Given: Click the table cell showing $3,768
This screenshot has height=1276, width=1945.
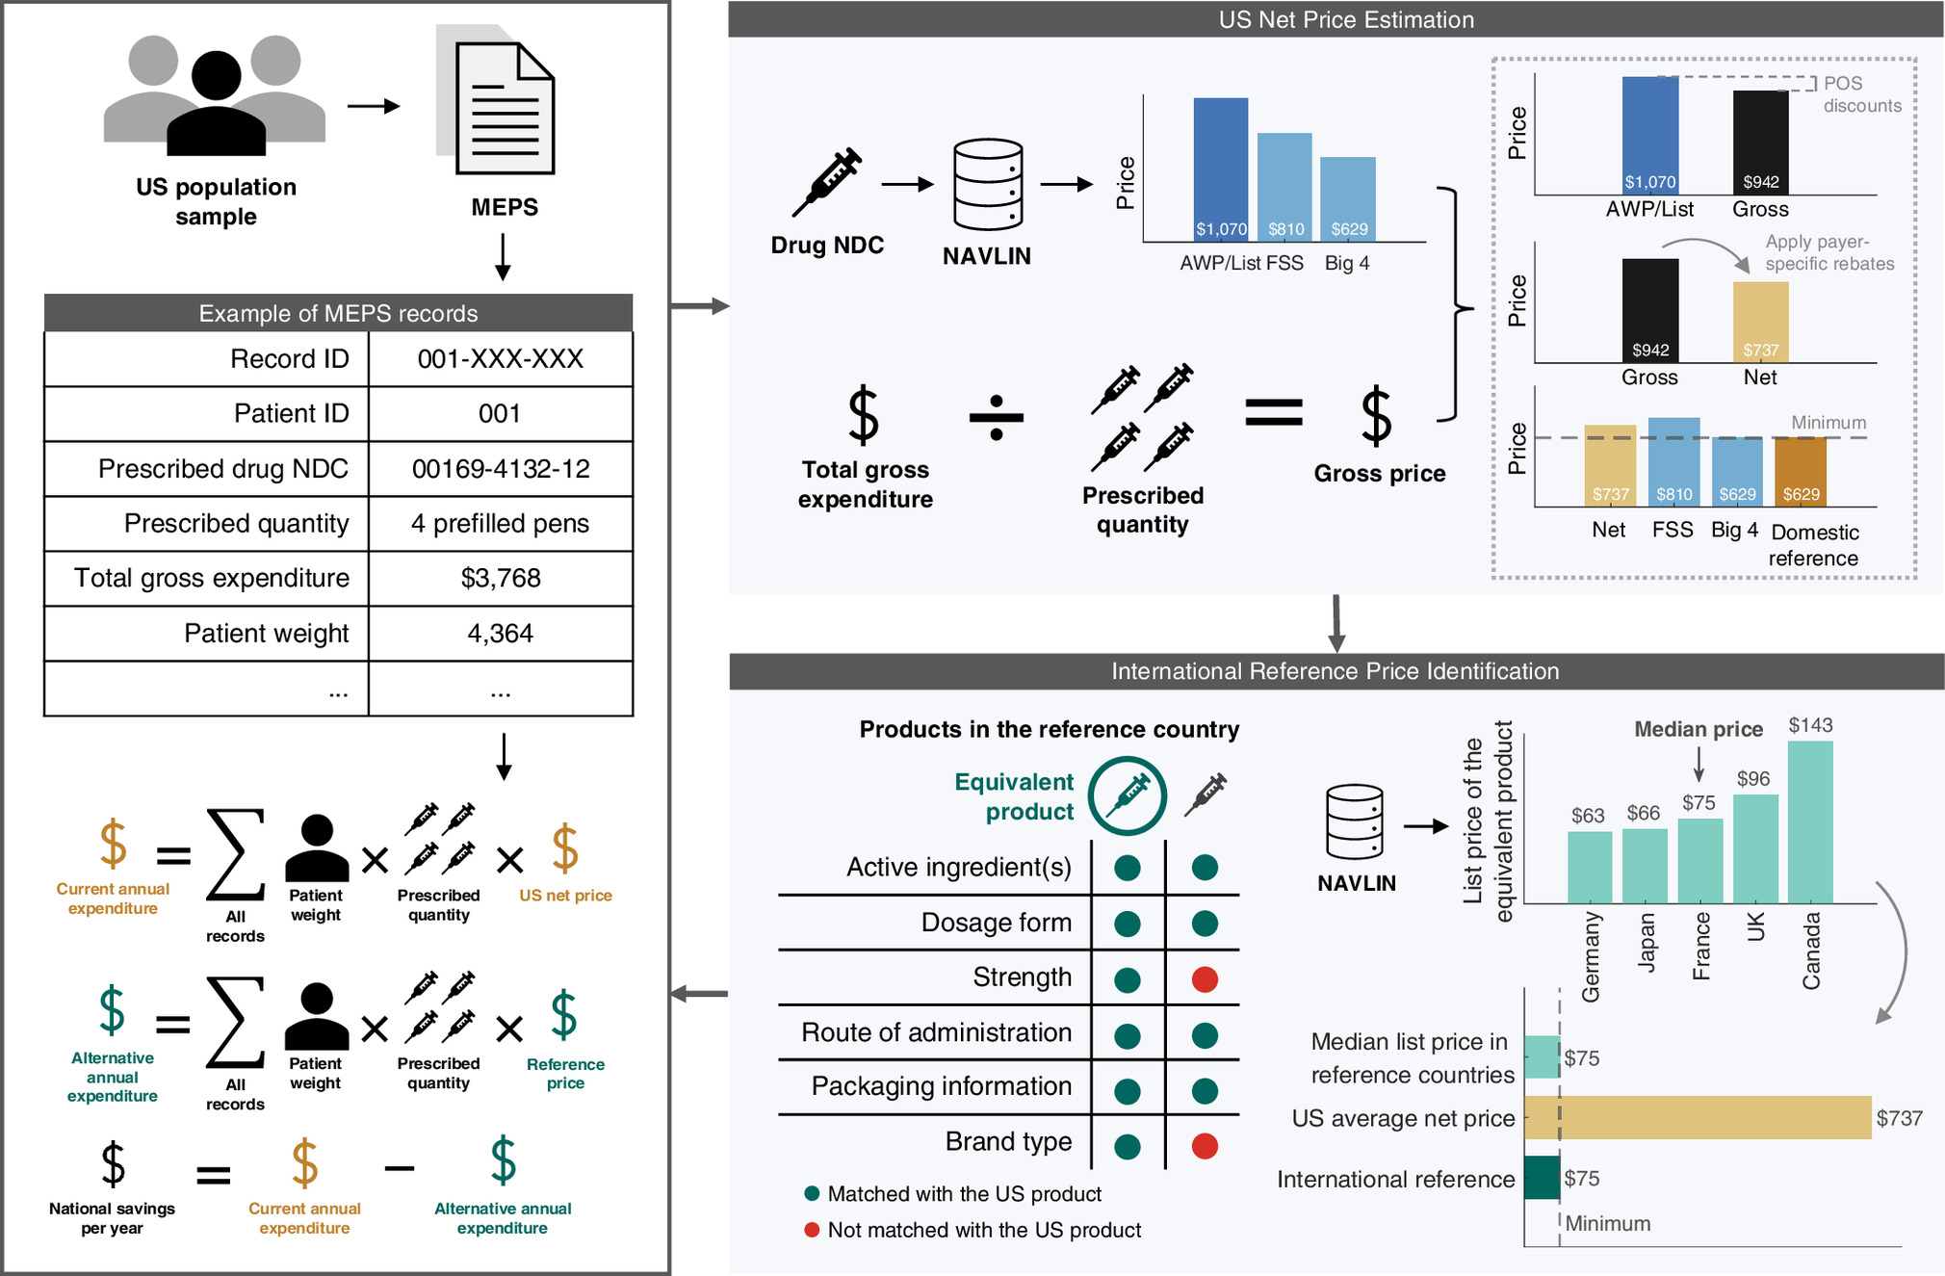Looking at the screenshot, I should (501, 578).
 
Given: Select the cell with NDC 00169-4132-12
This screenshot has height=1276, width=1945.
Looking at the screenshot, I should (501, 469).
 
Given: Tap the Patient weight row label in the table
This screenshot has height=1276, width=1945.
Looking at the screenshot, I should (266, 634).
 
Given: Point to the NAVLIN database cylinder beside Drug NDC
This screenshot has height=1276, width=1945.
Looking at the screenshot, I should (987, 184).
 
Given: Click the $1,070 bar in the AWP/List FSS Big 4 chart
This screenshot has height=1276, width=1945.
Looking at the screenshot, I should (1220, 169).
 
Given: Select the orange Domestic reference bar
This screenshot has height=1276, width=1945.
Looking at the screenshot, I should (1800, 471).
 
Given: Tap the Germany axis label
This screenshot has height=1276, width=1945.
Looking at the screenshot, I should (1591, 957).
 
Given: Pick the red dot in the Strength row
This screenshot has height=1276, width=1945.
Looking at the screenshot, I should (1204, 979).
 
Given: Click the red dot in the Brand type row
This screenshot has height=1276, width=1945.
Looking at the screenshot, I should (1204, 1146).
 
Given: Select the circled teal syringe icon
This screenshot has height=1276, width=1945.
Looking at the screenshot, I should (1127, 795).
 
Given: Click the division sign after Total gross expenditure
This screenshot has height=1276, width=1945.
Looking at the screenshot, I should (996, 418).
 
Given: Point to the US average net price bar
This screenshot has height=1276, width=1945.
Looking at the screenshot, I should (1697, 1118).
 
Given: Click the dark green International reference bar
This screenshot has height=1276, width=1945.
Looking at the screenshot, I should (1541, 1178).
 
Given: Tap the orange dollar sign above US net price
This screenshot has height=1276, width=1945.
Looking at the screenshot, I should (565, 848).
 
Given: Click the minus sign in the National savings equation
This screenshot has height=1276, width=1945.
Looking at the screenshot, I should (399, 1169).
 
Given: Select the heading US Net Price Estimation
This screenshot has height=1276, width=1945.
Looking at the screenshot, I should (1345, 20).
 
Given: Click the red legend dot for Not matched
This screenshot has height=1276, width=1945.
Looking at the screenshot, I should (812, 1230).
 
